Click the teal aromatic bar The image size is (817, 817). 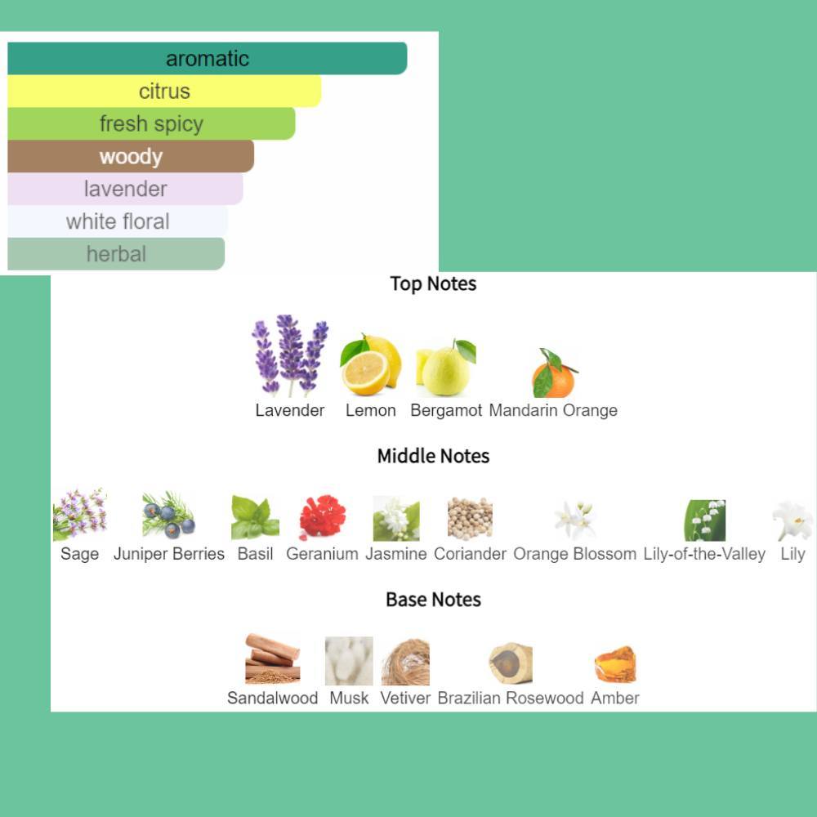click(207, 58)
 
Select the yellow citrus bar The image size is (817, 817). click(164, 92)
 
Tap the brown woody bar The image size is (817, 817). click(130, 156)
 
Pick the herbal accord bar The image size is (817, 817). click(116, 254)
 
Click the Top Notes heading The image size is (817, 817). click(433, 284)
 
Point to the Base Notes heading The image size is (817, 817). click(433, 600)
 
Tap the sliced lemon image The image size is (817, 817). click(370, 364)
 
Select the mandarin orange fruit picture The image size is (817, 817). click(555, 373)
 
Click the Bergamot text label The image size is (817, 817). click(446, 411)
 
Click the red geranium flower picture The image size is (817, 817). click(323, 516)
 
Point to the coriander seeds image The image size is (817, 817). click(470, 518)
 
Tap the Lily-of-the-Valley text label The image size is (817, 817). click(704, 554)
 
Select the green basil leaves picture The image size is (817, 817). click(255, 517)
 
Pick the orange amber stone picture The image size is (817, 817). click(615, 664)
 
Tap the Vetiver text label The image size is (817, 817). click(405, 699)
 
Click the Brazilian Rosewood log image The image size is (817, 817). click(511, 663)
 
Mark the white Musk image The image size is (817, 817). click(349, 661)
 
